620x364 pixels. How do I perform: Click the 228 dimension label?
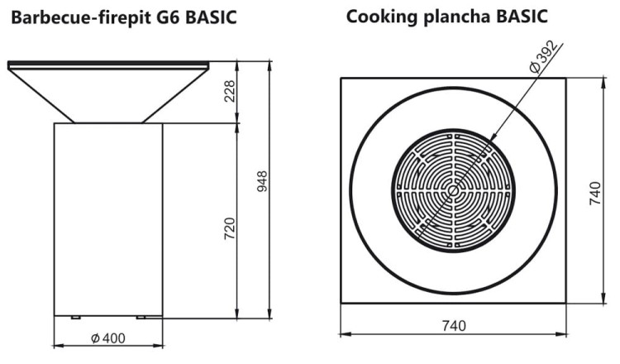coord(231,92)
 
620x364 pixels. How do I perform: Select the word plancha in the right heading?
coord(447,17)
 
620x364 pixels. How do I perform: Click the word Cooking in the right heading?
coord(379,17)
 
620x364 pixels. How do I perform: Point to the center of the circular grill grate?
coord(453,190)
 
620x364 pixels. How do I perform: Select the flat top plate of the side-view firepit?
coord(107,64)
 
